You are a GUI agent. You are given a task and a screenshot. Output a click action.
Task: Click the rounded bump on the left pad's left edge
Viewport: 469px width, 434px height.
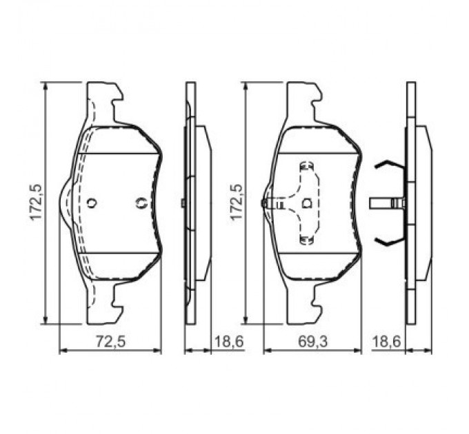click(x=65, y=203)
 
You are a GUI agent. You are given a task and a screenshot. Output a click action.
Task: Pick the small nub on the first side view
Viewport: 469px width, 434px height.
click(x=181, y=203)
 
